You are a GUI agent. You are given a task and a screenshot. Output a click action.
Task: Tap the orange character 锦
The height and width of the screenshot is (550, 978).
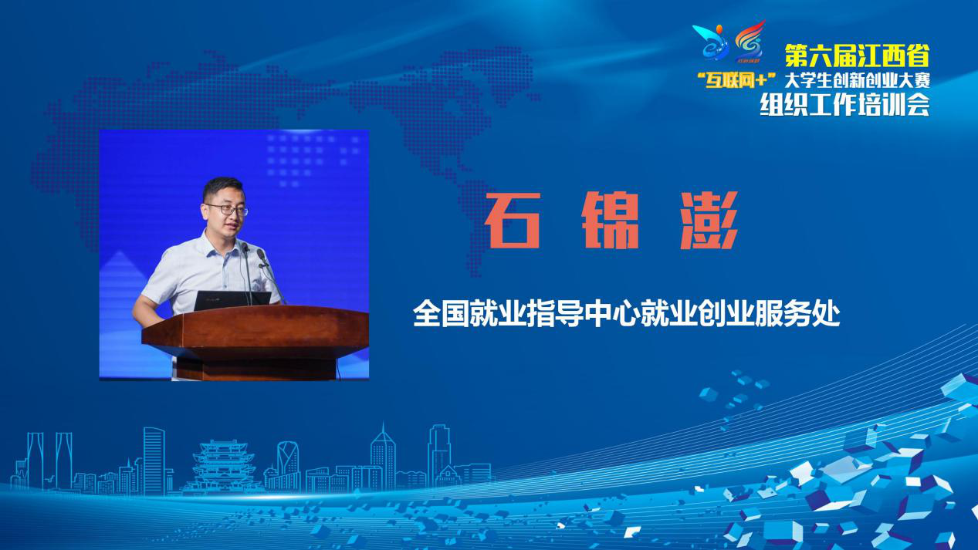[611, 221]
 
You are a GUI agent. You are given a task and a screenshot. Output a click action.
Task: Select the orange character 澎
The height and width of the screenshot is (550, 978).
[709, 221]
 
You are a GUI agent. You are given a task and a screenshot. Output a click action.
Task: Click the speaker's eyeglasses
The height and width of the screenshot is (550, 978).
[227, 210]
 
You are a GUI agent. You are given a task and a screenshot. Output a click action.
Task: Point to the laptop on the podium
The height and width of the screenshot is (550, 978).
[232, 301]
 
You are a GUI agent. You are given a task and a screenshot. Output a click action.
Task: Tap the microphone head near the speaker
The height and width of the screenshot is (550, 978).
[262, 255]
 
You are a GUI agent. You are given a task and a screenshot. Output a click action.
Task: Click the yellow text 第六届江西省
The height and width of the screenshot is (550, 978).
[857, 56]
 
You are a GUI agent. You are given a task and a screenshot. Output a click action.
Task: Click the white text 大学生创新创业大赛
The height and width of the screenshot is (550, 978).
[857, 80]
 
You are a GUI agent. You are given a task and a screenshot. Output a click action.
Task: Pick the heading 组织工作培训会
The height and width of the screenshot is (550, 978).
[844, 105]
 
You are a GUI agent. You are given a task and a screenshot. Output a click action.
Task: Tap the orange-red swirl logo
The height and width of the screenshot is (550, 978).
[750, 40]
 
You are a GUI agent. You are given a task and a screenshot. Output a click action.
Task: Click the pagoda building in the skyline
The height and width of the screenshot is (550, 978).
[224, 466]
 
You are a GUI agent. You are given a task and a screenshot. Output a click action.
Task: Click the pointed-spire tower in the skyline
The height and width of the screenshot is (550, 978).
[383, 456]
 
